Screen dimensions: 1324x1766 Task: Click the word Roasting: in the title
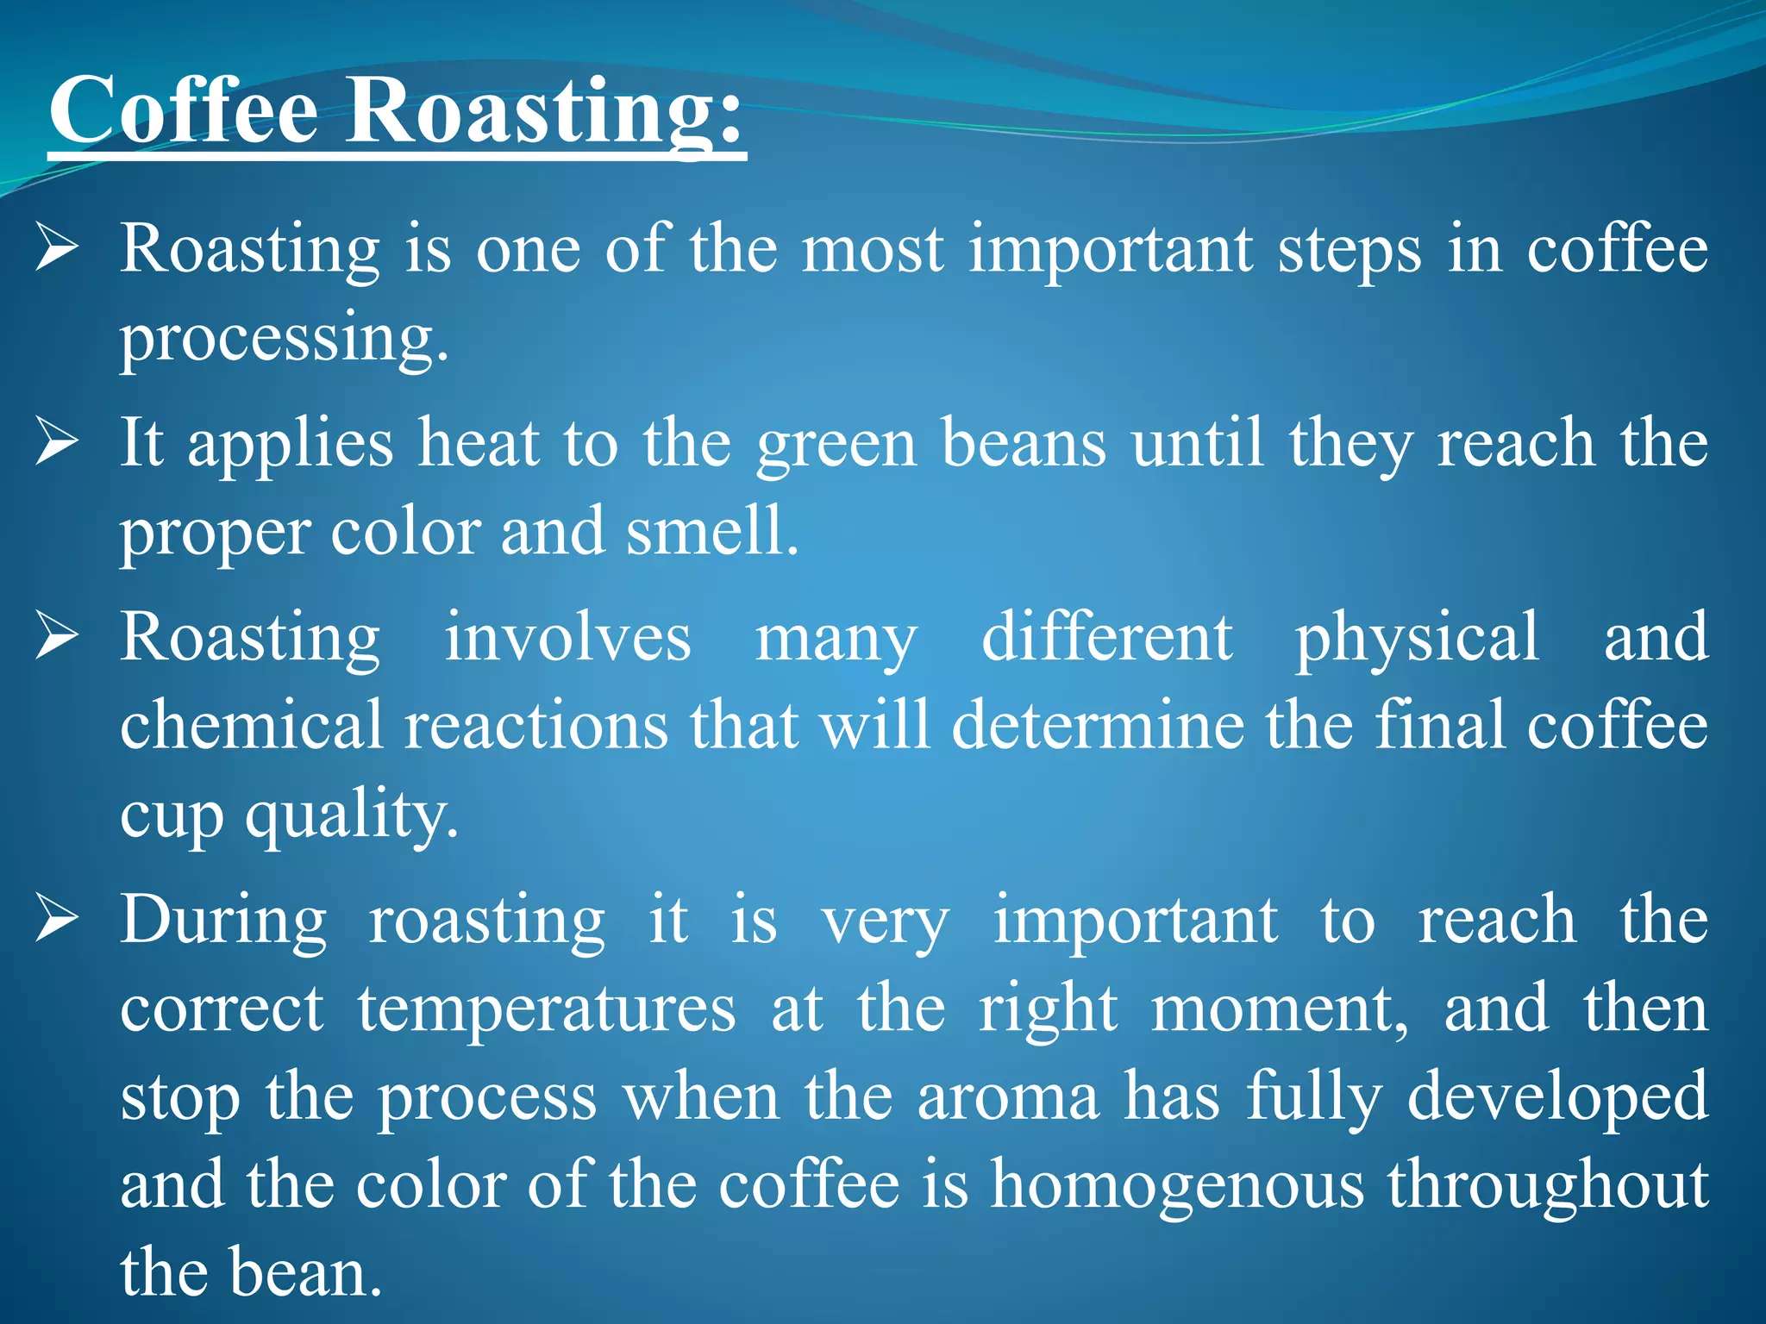(x=543, y=112)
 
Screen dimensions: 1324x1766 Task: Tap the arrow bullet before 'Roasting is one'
(x=58, y=249)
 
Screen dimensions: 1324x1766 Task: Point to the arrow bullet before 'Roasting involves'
(x=58, y=638)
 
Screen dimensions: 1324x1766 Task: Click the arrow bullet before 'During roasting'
(x=58, y=921)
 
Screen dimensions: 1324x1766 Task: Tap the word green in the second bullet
(x=836, y=445)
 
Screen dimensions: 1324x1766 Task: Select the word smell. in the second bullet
(x=712, y=532)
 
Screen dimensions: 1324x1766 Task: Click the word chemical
(x=251, y=725)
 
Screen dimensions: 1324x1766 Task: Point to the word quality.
(x=351, y=815)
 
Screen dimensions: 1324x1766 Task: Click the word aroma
(x=1008, y=1098)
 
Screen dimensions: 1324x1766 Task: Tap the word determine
(x=1098, y=725)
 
